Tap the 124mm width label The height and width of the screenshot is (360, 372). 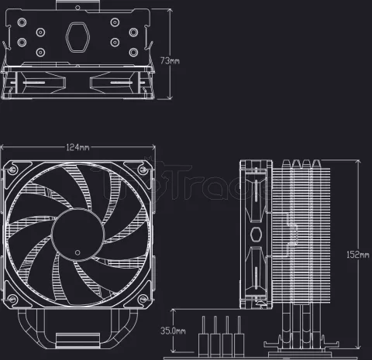coord(77,147)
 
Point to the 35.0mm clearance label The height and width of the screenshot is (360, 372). coord(172,331)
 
